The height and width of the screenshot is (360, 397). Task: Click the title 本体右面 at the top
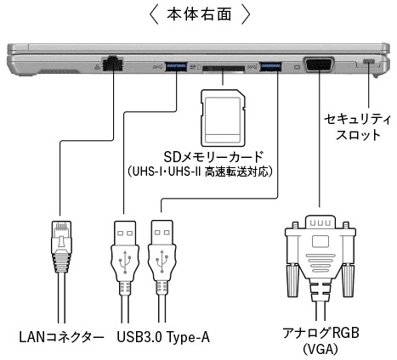click(199, 14)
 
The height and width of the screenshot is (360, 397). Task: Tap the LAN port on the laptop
click(113, 64)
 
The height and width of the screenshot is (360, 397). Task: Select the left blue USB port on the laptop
click(176, 67)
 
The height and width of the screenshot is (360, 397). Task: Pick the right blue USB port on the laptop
click(270, 67)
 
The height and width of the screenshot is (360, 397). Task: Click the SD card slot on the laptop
click(224, 69)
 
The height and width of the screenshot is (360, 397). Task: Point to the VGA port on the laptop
click(319, 65)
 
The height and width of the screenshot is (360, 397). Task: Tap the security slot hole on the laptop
click(368, 61)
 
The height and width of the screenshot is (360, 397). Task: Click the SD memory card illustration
click(223, 118)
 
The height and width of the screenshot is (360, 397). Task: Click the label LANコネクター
click(61, 337)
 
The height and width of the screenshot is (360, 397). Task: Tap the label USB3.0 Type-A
click(163, 337)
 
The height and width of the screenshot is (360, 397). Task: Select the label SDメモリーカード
click(213, 156)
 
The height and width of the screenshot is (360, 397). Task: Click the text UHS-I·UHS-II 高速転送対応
click(200, 172)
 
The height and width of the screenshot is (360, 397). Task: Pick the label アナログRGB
click(320, 333)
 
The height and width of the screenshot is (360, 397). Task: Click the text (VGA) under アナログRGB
click(320, 349)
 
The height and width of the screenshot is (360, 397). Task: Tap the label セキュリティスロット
click(358, 127)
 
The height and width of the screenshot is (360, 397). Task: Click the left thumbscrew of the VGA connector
click(293, 280)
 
